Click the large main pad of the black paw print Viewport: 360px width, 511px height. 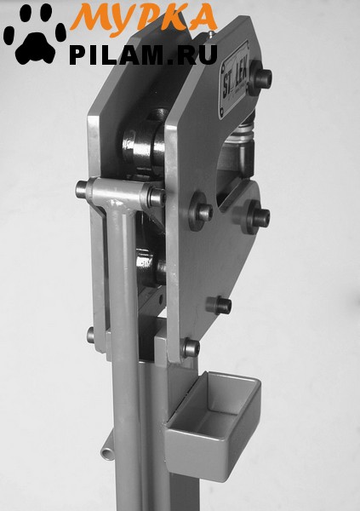click(x=35, y=49)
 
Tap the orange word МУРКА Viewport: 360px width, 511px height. click(x=144, y=17)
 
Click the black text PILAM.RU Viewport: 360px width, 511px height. click(x=143, y=55)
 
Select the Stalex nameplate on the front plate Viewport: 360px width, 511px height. click(x=235, y=78)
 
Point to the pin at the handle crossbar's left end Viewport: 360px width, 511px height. click(x=82, y=189)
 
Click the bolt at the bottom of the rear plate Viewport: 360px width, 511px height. click(x=91, y=335)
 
